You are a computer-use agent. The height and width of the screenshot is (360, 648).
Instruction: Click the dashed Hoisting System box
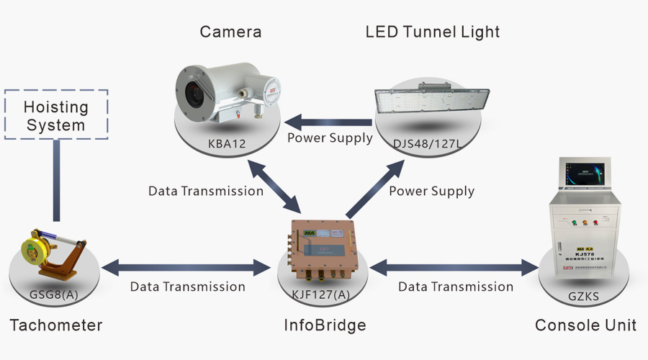[55, 114]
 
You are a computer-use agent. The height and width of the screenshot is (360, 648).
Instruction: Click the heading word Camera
[230, 32]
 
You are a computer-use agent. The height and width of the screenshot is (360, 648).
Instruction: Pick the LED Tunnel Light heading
[432, 32]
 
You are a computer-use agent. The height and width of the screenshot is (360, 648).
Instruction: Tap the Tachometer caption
[56, 325]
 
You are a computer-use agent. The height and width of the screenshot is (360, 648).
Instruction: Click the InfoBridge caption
[325, 325]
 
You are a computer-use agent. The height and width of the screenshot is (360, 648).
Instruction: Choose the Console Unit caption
[585, 325]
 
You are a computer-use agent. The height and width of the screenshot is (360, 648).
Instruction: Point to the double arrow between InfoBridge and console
[454, 269]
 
